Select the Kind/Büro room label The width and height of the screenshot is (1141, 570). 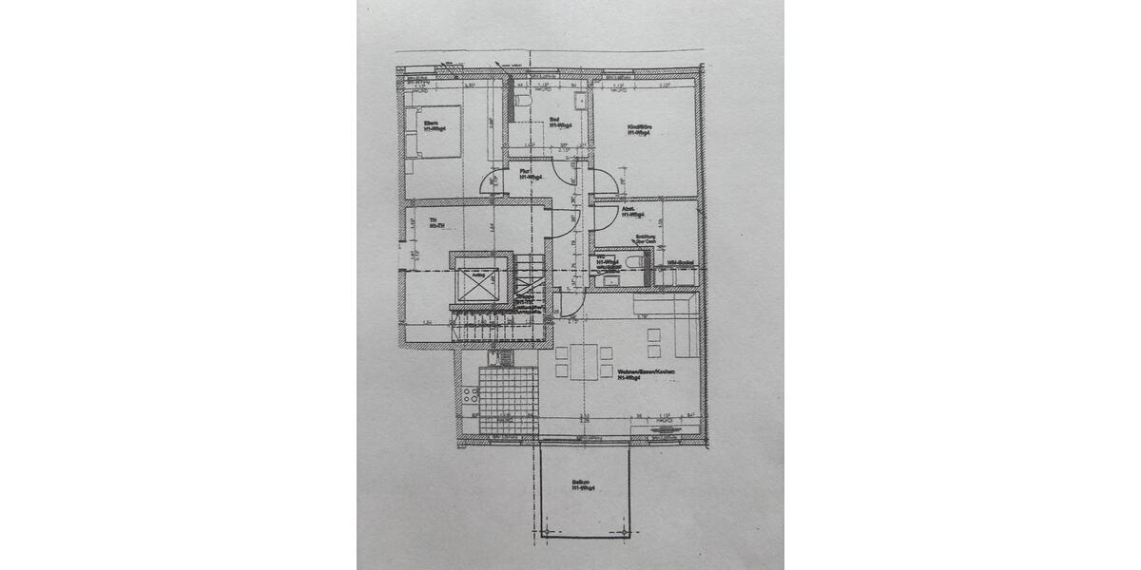point(639,129)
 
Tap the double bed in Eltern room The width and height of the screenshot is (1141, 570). point(433,139)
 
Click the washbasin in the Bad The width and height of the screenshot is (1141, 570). point(579,99)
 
